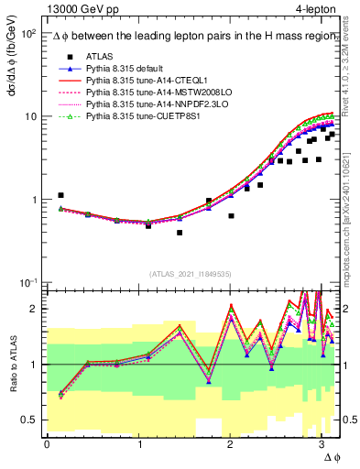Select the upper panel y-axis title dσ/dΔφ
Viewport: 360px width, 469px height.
[12, 64]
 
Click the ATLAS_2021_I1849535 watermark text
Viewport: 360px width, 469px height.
[190, 273]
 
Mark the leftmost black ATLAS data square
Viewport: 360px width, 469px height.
[60, 195]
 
